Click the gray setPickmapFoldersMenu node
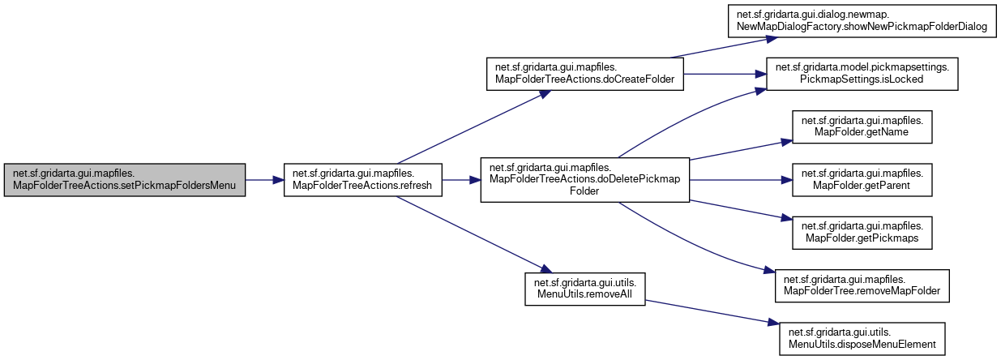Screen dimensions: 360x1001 click(x=124, y=180)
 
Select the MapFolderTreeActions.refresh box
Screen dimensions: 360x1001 click(x=361, y=180)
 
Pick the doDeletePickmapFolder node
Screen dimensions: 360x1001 click(x=584, y=180)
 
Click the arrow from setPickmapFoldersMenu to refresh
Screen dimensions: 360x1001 click(x=263, y=180)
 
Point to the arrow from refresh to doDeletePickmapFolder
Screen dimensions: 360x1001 click(x=461, y=180)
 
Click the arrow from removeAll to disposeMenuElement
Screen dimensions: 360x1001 click(x=705, y=312)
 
